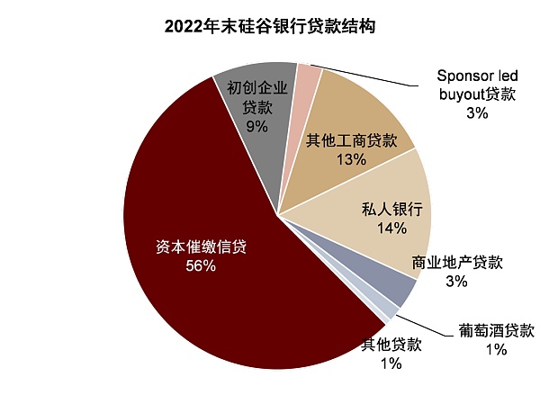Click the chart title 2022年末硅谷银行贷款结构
point(270,27)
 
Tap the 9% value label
point(257,126)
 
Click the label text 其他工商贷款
point(351,140)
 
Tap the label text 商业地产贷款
point(456,263)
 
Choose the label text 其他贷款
point(391,344)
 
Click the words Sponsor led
point(476,75)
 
